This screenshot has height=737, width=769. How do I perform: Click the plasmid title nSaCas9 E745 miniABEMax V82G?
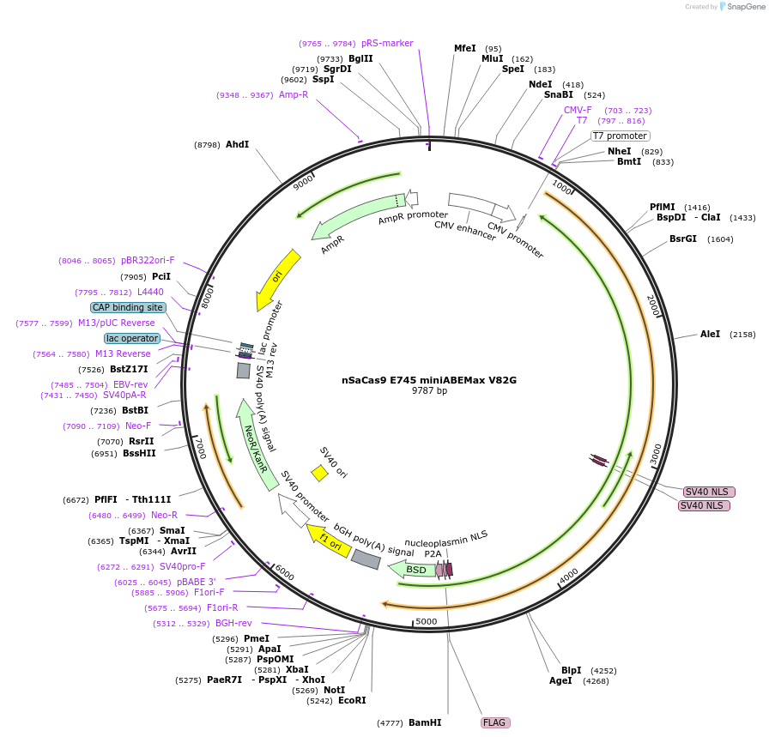pos(429,379)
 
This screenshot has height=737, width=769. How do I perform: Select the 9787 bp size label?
pos(429,390)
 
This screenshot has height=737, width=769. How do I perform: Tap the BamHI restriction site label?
pos(425,722)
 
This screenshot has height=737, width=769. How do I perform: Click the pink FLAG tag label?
pos(495,722)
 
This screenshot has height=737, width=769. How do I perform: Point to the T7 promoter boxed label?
pos(620,136)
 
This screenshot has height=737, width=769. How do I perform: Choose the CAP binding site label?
pos(127,307)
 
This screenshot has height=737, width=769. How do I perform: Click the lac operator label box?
pos(133,338)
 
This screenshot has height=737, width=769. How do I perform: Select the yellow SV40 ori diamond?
pos(319,473)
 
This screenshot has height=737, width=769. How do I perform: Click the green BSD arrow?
pos(412,569)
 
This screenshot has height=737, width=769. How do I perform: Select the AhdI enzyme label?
pos(237,145)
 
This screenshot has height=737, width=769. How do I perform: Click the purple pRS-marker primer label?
pos(387,43)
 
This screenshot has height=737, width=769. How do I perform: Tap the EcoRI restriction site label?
pos(352,700)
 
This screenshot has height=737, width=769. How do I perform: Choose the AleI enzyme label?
pos(710,334)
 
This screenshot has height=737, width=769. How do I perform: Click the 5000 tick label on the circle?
pos(427,621)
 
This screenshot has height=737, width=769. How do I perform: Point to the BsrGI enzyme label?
pos(683,239)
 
